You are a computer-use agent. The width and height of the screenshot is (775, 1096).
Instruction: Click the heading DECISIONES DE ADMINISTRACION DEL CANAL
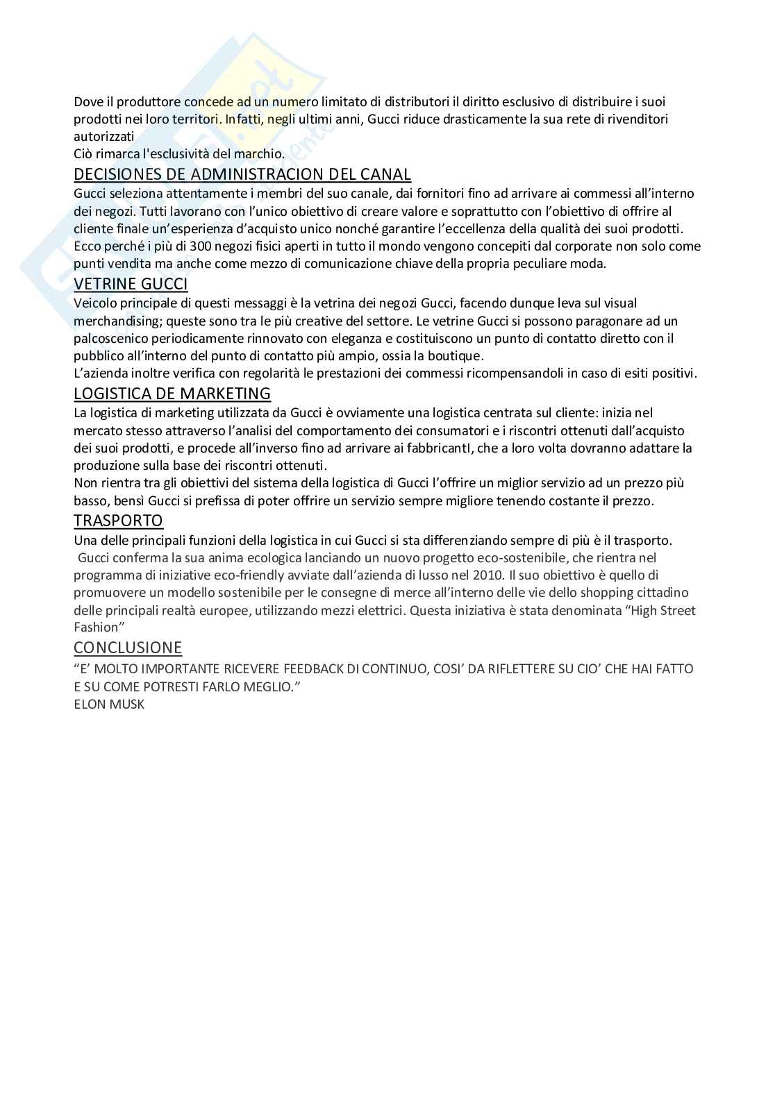[x=242, y=174]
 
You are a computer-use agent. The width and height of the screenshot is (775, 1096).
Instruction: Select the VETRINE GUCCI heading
[x=131, y=284]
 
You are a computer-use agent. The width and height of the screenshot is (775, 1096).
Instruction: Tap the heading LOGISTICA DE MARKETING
[x=172, y=394]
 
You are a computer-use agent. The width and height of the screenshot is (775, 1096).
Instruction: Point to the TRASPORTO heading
[x=118, y=521]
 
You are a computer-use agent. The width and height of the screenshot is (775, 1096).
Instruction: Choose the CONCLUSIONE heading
[x=128, y=648]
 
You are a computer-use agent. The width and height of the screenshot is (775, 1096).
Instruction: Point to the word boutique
[x=456, y=356]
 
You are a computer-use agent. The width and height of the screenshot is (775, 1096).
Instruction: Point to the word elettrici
[x=379, y=611]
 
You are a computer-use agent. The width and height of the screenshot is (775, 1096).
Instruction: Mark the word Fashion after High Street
[x=97, y=627]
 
